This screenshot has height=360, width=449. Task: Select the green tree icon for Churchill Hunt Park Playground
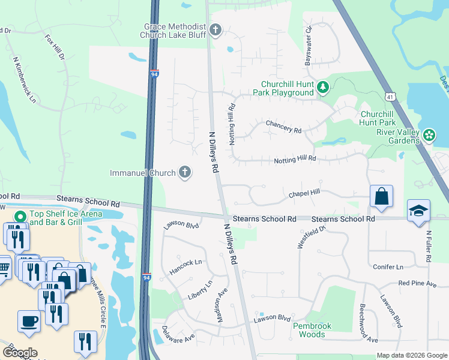click(x=323, y=88)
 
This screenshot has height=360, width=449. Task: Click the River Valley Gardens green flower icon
click(x=429, y=136)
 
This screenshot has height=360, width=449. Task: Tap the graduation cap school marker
click(x=418, y=211)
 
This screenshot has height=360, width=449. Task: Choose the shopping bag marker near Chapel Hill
click(x=381, y=196)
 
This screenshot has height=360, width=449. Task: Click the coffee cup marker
click(x=29, y=320)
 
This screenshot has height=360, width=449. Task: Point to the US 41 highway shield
click(x=391, y=96)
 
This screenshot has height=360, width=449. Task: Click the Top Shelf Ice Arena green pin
click(x=20, y=217)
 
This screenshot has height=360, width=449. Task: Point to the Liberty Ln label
click(x=201, y=292)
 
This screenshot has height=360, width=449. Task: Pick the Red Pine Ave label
click(x=417, y=283)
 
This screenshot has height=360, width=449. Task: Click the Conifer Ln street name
click(x=388, y=266)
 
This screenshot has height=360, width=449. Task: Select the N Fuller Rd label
click(x=429, y=246)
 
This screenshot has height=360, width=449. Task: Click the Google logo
click(x=20, y=353)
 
